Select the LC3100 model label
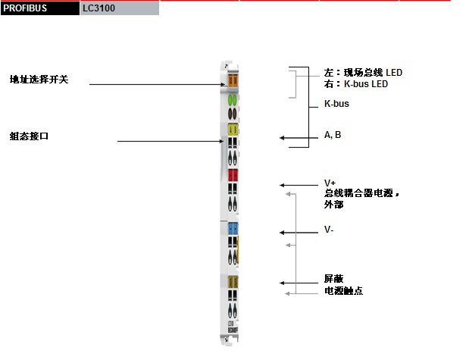[x=99, y=8]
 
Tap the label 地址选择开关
[x=39, y=79]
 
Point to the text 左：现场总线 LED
[x=363, y=73]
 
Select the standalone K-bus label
[x=336, y=104]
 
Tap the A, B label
[x=333, y=135]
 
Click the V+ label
[x=330, y=183]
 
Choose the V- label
[x=329, y=230]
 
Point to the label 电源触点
[x=343, y=290]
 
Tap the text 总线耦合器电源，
[x=361, y=194]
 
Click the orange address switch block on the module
[x=233, y=80]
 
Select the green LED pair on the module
[x=233, y=99]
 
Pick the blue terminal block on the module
[x=233, y=228]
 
